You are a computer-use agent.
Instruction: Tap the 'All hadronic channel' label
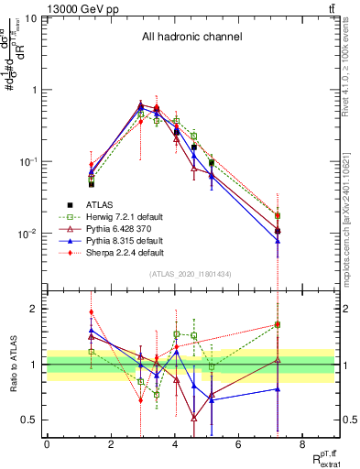(191, 38)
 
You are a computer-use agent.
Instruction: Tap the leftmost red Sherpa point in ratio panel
(91, 312)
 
